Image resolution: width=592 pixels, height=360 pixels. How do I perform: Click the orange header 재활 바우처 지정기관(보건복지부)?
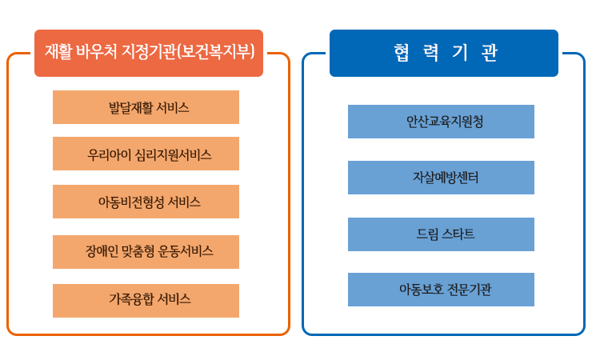(x=149, y=54)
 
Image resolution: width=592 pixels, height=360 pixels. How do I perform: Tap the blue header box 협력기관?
(x=444, y=54)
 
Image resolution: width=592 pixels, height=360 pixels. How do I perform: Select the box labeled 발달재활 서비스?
(x=146, y=107)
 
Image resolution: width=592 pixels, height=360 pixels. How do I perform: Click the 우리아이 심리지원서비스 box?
(x=146, y=154)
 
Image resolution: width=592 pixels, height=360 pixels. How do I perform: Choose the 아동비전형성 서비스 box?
(x=146, y=202)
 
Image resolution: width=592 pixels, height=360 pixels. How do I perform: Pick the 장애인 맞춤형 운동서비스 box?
(x=146, y=252)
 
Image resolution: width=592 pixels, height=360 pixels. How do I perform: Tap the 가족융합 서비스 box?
(x=146, y=301)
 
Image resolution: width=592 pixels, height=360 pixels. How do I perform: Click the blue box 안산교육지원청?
(x=441, y=122)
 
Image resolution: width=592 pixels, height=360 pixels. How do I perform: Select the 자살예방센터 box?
(x=441, y=178)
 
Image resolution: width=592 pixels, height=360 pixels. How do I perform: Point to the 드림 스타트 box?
(x=441, y=234)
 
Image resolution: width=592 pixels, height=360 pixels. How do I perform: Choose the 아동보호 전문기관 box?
(x=441, y=290)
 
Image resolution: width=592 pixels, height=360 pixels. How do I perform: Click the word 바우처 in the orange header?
(x=96, y=51)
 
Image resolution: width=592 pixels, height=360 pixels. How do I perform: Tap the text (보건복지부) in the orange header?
(x=215, y=52)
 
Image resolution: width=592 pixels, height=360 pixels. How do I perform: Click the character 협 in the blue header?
(x=401, y=53)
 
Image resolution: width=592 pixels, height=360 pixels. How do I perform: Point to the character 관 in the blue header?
(x=490, y=53)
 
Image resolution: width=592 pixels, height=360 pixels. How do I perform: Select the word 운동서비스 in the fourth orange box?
(x=186, y=251)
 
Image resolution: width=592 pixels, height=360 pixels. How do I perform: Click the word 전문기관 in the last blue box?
(x=470, y=290)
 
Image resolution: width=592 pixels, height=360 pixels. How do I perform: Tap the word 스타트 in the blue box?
(x=458, y=234)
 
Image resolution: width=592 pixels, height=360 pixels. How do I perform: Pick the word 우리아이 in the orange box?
(x=109, y=154)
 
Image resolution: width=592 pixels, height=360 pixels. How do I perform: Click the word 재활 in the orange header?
(x=58, y=51)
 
